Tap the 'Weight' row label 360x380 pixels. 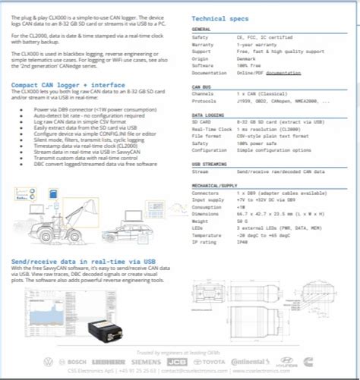(203, 219)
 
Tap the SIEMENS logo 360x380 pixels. (147, 362)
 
